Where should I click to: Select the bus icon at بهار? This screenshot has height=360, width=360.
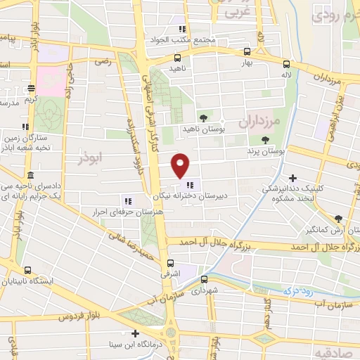[x=246, y=51]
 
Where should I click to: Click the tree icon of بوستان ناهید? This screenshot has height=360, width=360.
[x=203, y=117]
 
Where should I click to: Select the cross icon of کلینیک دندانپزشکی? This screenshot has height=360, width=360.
[x=293, y=178]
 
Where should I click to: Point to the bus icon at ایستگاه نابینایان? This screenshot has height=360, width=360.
[x=27, y=270]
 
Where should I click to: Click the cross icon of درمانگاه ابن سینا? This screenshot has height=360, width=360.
[x=135, y=333]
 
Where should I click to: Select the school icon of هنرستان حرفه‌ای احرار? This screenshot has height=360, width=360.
[x=128, y=199]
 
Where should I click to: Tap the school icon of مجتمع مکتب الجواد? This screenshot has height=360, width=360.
[x=181, y=29]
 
